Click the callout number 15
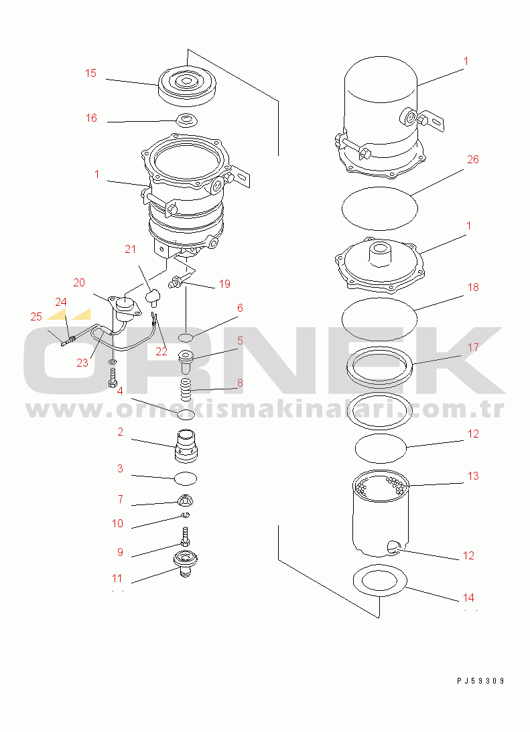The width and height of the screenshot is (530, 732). click(x=90, y=74)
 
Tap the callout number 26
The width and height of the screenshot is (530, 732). click(x=473, y=160)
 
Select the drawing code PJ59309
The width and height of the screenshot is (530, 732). click(x=481, y=681)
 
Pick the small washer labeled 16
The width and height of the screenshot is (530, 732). click(x=188, y=121)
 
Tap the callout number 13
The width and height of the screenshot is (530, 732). click(x=473, y=476)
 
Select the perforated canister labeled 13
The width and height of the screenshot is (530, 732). click(x=381, y=513)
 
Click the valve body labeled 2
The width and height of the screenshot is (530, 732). click(x=186, y=447)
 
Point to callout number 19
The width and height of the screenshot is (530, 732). click(x=225, y=284)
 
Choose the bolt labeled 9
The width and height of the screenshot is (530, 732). click(x=186, y=537)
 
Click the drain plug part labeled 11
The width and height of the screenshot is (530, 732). click(x=186, y=563)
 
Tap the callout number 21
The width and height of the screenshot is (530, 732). click(x=131, y=250)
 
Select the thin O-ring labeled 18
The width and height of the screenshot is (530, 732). click(x=379, y=319)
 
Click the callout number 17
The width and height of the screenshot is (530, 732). click(x=473, y=347)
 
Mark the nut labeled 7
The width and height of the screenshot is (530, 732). click(x=186, y=500)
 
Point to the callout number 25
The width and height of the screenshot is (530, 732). click(x=36, y=317)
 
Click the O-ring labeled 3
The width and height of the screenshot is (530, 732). click(x=186, y=478)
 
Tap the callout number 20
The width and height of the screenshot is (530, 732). click(x=79, y=282)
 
